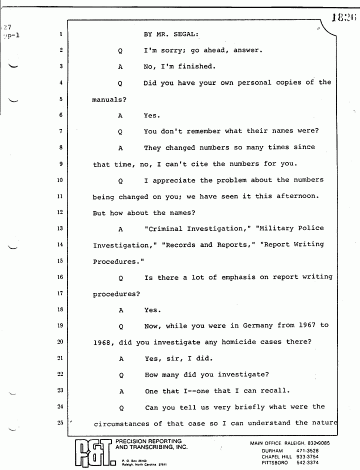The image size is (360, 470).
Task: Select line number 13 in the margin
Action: [x=60, y=228]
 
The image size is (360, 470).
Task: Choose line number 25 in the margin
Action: [x=60, y=423]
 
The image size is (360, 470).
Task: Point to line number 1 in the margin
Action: [x=60, y=34]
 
